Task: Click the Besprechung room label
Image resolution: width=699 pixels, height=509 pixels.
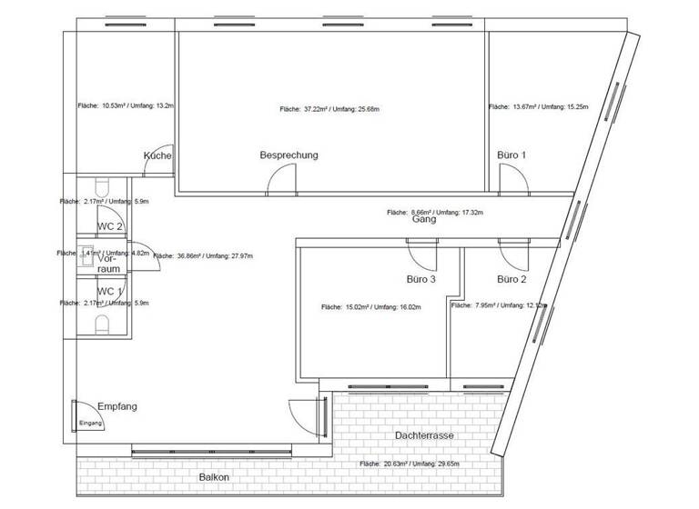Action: tap(289, 155)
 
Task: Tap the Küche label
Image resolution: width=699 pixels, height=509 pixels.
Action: tap(157, 156)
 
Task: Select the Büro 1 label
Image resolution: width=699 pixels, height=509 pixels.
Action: tap(512, 155)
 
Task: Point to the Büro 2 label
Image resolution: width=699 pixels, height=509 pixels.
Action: tap(512, 279)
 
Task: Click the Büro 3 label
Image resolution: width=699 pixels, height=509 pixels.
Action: tap(421, 279)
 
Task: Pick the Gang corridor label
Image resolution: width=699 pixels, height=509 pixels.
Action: tap(423, 219)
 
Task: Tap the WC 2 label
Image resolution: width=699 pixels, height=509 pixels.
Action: tap(110, 226)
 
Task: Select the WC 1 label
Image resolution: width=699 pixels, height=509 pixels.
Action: tap(110, 291)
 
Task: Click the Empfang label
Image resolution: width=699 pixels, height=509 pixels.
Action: tap(116, 406)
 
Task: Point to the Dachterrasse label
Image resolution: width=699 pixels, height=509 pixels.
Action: tap(425, 436)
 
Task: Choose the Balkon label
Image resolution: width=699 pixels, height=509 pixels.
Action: tap(214, 477)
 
